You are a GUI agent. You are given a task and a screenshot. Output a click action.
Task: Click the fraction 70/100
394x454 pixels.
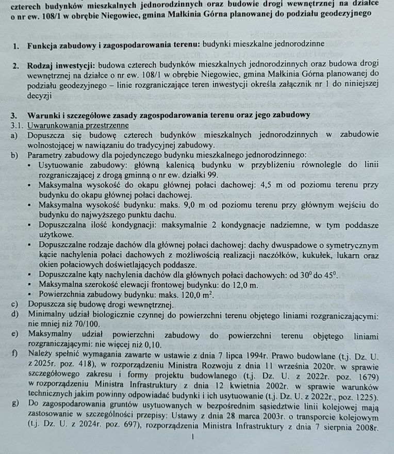(x=84, y=324)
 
